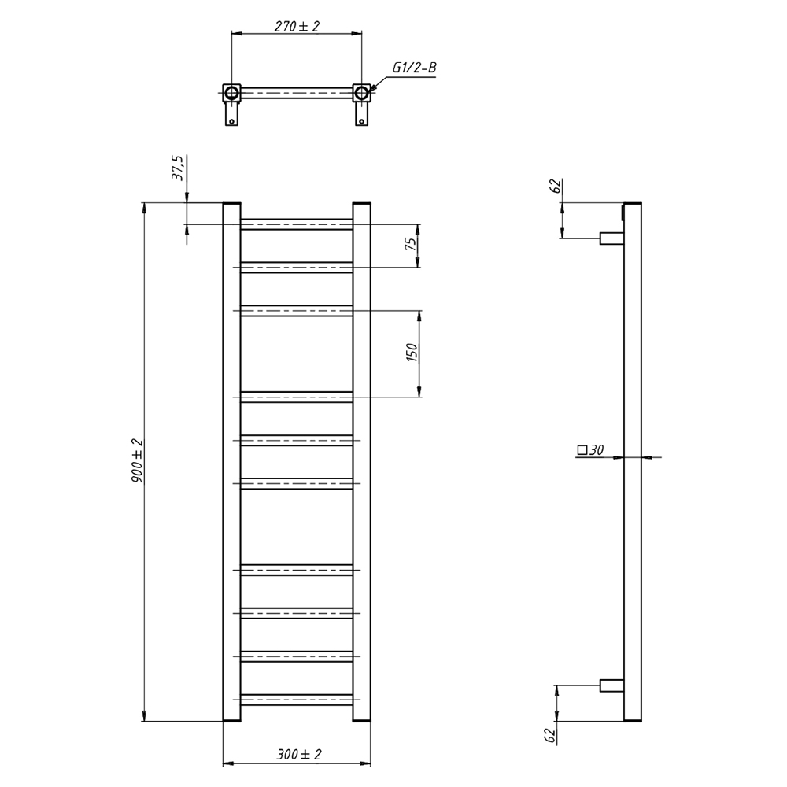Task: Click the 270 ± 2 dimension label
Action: point(297,26)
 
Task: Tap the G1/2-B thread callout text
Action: point(414,68)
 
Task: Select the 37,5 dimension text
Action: point(179,168)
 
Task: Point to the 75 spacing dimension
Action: point(411,245)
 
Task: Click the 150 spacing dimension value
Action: point(411,353)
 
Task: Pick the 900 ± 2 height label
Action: point(137,460)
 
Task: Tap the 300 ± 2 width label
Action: point(298,754)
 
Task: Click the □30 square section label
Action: point(590,449)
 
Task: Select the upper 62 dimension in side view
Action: point(555,186)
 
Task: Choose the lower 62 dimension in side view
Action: point(551,736)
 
